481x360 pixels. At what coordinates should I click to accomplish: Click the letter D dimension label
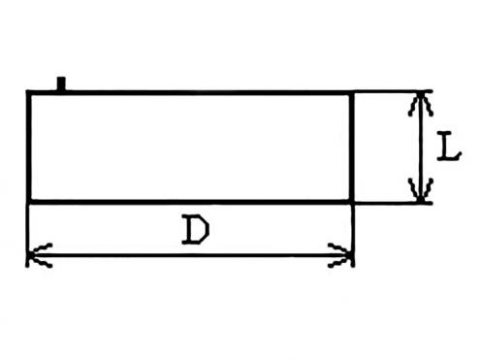pos(196,229)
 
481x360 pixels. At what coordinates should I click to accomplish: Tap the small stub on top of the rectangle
pos(61,83)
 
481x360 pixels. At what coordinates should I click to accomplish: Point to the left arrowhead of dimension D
pos(39,255)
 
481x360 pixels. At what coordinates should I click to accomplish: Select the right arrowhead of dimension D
pos(340,255)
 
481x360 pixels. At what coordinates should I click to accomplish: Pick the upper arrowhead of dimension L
pos(420,104)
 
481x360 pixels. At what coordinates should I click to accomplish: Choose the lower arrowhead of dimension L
pos(420,189)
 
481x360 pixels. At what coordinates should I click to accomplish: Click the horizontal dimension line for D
pos(190,255)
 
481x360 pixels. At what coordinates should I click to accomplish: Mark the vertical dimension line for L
pos(420,147)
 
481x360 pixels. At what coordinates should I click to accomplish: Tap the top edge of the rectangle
pos(190,93)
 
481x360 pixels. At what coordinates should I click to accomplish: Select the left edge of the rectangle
pos(29,147)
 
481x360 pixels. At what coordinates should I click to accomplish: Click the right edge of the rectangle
pos(352,147)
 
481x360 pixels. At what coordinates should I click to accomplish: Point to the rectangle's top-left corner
pos(29,93)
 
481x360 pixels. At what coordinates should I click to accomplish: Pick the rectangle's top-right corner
pos(352,93)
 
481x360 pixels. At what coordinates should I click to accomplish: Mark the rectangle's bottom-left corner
pos(29,202)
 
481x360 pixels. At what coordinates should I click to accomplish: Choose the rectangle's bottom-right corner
pos(352,202)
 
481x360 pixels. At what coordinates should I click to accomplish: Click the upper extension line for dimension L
pos(393,92)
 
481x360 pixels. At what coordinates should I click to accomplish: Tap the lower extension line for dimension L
pos(393,203)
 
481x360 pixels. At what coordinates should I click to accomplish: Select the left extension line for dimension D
pos(27,236)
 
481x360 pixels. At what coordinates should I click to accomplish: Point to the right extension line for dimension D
pos(353,236)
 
